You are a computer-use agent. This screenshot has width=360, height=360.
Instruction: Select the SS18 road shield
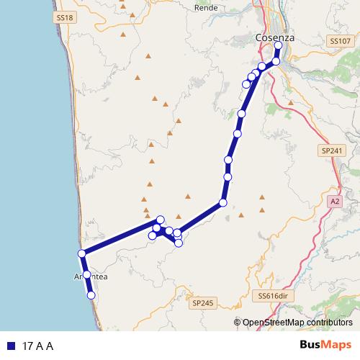click(64, 17)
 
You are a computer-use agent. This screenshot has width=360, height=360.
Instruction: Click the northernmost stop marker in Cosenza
click(278, 47)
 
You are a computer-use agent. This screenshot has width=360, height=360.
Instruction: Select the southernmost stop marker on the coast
click(91, 295)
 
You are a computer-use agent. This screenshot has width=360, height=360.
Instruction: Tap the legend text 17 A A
click(39, 346)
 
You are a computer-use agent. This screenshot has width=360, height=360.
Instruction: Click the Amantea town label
click(90, 276)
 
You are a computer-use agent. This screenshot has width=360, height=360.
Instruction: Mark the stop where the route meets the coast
click(82, 253)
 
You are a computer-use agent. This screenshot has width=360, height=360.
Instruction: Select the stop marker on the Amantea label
click(86, 274)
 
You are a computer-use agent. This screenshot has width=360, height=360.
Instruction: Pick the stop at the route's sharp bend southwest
click(223, 203)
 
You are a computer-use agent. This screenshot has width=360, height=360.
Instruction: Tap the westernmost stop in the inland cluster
click(152, 235)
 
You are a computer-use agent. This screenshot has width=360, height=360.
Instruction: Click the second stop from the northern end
click(276, 61)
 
